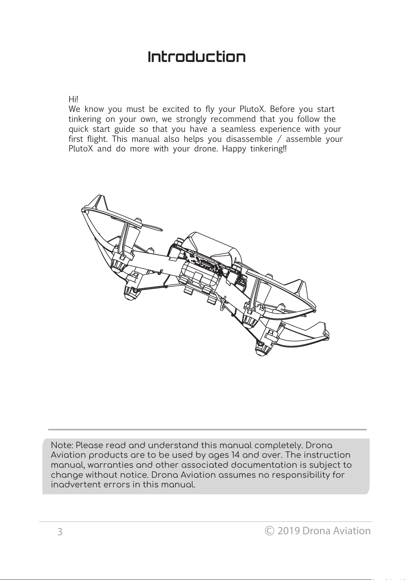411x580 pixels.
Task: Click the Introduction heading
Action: [x=197, y=57]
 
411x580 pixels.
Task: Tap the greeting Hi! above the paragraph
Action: [x=73, y=99]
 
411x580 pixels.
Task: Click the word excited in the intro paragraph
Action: [x=176, y=109]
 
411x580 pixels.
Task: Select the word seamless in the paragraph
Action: [x=238, y=129]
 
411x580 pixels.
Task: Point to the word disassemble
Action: [x=249, y=139]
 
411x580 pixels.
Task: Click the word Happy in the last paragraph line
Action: [x=234, y=149]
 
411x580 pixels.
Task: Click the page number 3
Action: [x=60, y=532]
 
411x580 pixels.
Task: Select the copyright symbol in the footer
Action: [x=269, y=531]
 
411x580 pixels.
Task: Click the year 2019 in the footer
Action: [x=289, y=531]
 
